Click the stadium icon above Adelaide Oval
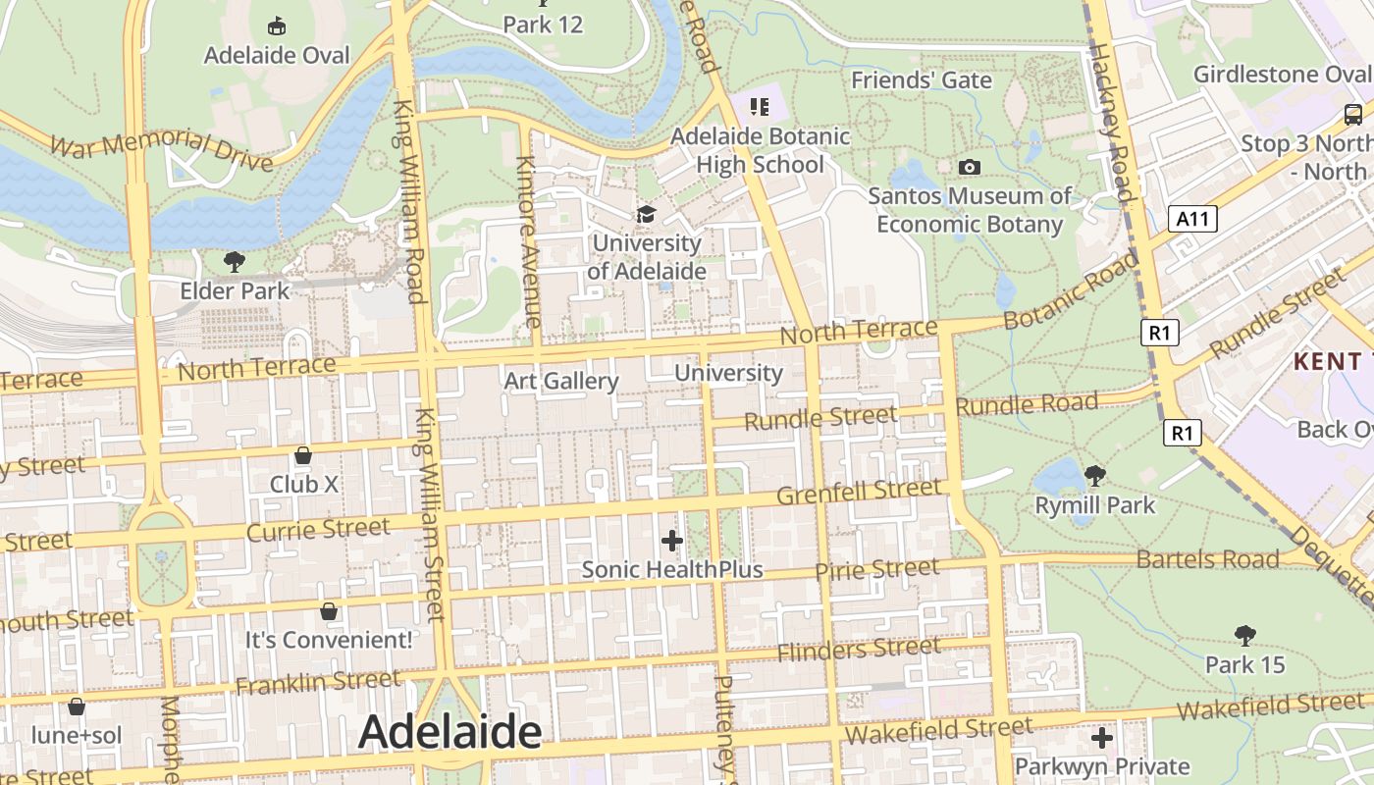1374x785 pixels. click(277, 26)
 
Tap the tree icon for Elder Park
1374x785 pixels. click(234, 261)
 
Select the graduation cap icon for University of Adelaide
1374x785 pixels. click(646, 214)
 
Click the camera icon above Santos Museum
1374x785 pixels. click(970, 168)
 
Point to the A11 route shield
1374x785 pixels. click(1192, 219)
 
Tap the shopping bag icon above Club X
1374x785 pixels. click(303, 455)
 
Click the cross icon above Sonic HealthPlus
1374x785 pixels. click(672, 540)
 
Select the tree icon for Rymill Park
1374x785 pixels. click(1095, 476)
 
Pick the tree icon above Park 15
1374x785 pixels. click(1245, 636)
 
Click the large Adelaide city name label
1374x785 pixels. click(449, 732)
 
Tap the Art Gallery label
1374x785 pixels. click(561, 381)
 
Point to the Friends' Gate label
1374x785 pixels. click(922, 80)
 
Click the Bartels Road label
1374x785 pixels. click(1207, 559)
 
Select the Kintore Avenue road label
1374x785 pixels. click(527, 241)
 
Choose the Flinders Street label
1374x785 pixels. click(859, 649)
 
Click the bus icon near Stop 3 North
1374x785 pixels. click(1352, 114)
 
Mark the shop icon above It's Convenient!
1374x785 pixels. click(329, 611)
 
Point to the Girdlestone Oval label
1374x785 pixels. click(1282, 75)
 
